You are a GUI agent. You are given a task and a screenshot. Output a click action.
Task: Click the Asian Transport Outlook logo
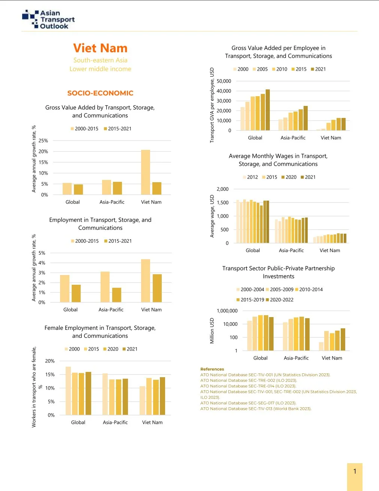click(x=48, y=20)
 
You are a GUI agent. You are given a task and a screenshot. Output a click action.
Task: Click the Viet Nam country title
click(x=100, y=48)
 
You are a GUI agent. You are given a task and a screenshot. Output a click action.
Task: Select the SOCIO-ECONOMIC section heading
click(x=100, y=93)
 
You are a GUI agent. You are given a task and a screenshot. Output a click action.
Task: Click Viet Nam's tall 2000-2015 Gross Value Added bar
click(x=146, y=172)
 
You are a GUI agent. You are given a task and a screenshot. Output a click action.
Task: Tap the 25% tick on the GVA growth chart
click(x=44, y=141)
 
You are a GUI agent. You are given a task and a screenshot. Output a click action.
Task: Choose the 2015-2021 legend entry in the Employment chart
click(x=118, y=241)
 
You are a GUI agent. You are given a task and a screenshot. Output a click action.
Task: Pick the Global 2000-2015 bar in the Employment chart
click(x=65, y=289)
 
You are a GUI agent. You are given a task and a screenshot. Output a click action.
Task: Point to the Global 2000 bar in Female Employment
click(x=68, y=391)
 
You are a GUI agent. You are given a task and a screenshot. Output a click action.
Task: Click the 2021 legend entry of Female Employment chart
click(x=130, y=349)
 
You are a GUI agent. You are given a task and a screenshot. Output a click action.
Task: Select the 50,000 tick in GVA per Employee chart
click(x=224, y=81)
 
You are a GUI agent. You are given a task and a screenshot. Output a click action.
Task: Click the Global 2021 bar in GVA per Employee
click(x=268, y=110)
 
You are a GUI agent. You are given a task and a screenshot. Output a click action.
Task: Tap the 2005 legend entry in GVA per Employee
click(x=260, y=69)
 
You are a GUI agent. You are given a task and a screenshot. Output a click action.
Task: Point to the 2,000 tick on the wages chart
click(x=223, y=189)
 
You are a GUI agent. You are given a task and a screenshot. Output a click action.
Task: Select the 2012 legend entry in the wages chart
click(x=250, y=177)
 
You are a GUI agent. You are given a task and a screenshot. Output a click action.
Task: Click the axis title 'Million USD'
click(x=212, y=331)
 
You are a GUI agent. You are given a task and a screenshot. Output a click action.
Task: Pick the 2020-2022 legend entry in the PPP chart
click(x=280, y=300)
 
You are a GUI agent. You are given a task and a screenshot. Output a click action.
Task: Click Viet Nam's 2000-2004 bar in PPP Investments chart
click(x=321, y=346)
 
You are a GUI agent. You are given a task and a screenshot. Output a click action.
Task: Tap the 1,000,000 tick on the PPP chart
click(x=227, y=311)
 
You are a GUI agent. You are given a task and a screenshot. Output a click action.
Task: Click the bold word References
click(x=212, y=369)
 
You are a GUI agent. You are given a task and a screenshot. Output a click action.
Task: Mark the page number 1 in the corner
click(x=355, y=471)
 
